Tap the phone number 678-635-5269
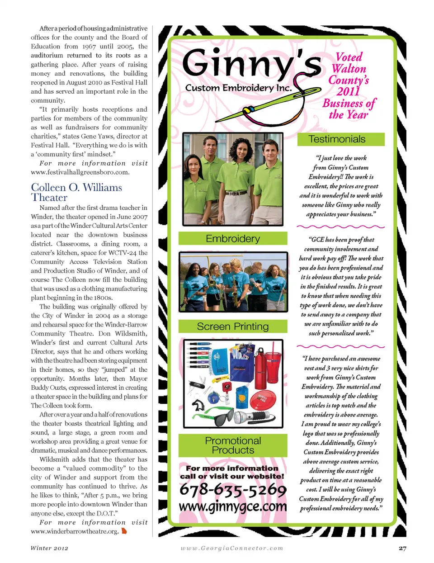[x=233, y=489]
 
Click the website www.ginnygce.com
[x=233, y=506]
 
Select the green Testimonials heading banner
[x=340, y=139]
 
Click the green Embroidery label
[x=233, y=238]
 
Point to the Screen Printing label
[x=233, y=326]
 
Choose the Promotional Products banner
[x=233, y=445]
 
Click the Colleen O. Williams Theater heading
[x=76, y=193]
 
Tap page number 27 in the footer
[x=402, y=548]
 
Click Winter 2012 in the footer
[x=49, y=548]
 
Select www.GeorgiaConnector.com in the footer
[x=232, y=548]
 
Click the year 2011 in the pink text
[x=348, y=91]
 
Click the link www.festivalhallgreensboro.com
[x=80, y=172]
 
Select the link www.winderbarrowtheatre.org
[x=75, y=531]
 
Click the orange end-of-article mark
[x=124, y=531]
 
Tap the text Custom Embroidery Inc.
[x=238, y=88]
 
